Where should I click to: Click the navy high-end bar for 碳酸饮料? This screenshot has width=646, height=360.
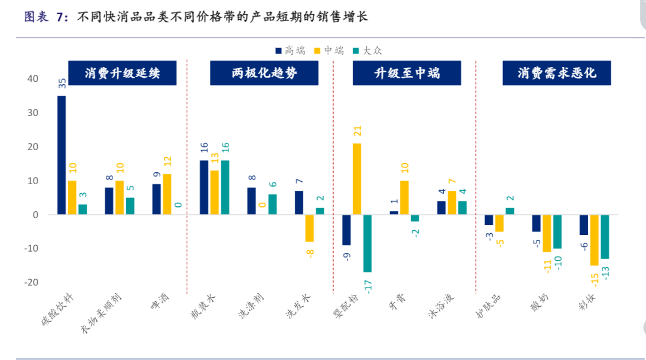(62, 155)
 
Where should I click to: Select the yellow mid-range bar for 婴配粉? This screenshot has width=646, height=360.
(357, 179)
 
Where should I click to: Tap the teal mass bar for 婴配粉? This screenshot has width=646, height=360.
(367, 243)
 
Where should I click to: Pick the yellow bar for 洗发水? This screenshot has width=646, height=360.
(309, 228)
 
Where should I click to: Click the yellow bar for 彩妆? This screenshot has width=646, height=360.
(594, 240)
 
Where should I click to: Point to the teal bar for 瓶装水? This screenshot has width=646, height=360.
(225, 187)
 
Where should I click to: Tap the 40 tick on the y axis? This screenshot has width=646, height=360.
(31, 79)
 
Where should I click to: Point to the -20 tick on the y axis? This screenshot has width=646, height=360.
(29, 282)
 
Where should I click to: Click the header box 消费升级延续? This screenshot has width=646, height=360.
(122, 74)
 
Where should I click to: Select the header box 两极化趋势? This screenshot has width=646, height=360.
(264, 74)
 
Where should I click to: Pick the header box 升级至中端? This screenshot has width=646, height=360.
(407, 74)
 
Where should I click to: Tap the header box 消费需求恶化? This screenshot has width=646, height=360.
(556, 74)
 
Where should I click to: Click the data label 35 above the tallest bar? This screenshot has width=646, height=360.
(62, 83)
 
